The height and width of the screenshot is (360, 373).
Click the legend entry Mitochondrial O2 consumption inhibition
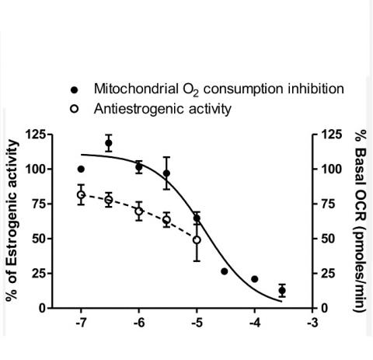pos(218,89)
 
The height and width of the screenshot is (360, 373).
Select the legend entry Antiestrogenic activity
pos(162,109)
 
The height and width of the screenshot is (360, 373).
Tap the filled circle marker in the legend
pos(75,89)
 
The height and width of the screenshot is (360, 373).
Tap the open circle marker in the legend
pos(75,109)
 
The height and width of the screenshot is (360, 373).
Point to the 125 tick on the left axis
pos(33,135)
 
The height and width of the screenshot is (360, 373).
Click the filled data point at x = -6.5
pos(109,143)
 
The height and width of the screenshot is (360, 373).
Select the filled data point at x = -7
pos(81,169)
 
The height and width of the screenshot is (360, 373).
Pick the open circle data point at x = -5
pos(197,239)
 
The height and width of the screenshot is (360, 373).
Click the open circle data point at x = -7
pos(81,195)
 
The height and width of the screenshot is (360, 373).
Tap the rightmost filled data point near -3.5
pos(282,290)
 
